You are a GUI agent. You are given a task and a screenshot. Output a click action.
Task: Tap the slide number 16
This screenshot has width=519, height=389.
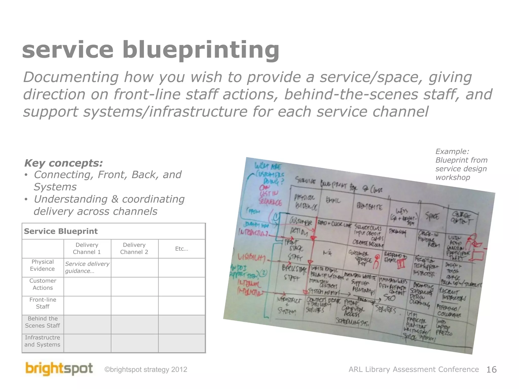[491, 370]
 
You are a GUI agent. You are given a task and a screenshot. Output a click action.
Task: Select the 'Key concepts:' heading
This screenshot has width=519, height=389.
[63, 163]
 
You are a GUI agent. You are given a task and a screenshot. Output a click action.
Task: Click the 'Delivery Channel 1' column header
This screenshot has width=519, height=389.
[87, 248]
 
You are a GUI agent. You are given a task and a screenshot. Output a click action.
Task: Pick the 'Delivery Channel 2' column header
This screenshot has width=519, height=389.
[134, 248]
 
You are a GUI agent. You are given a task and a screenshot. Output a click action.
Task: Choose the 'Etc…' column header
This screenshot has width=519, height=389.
[181, 249]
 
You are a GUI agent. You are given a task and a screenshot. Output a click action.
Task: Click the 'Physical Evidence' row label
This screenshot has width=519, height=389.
[43, 265]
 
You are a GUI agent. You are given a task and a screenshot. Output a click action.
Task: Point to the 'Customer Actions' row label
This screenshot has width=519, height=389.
[43, 284]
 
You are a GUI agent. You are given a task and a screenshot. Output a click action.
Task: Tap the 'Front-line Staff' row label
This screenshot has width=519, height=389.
[43, 303]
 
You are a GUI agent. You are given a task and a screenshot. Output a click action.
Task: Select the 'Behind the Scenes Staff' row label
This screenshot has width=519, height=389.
[43, 322]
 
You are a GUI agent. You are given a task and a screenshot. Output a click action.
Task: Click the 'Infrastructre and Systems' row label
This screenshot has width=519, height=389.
[43, 341]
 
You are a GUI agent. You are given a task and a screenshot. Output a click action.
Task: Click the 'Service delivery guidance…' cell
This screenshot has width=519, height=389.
[87, 267]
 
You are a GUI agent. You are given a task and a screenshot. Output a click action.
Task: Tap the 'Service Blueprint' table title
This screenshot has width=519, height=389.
[61, 231]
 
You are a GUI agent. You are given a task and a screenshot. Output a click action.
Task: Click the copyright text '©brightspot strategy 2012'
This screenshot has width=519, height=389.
[146, 370]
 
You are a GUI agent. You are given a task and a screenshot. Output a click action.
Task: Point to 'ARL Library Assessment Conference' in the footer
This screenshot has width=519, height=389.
[414, 369]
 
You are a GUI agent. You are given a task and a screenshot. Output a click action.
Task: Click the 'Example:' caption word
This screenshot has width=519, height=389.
[452, 151]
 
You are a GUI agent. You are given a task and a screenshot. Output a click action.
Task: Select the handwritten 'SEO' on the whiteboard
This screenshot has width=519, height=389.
[389, 297]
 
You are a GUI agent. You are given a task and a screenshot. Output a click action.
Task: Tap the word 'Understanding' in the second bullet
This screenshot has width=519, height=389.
[71, 199]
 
